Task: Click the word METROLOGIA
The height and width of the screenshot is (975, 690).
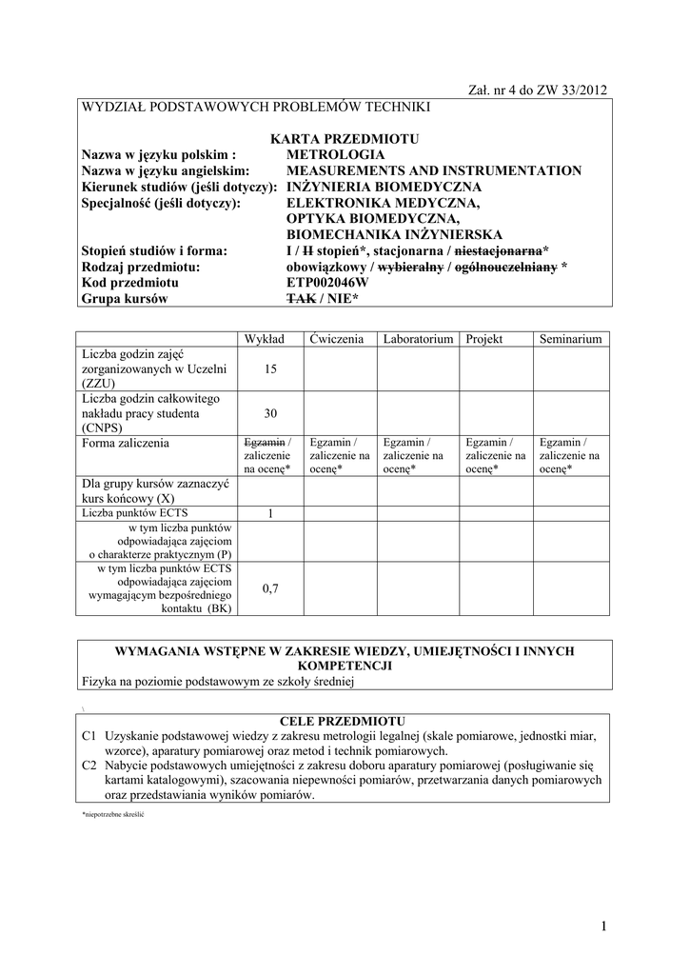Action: [x=336, y=154]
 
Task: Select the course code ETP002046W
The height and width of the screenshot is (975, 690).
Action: [x=327, y=283]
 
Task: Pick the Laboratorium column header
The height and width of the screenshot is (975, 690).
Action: [x=418, y=339]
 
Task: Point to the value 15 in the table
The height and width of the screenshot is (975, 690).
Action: [x=270, y=368]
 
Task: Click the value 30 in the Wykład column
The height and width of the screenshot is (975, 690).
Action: [x=270, y=413]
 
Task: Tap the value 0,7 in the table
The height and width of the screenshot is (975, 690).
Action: [x=270, y=588]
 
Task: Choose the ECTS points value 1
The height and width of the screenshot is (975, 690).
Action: [x=270, y=513]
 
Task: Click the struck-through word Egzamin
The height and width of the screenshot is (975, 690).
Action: [x=265, y=443]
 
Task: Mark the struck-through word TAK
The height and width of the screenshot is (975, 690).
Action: [x=300, y=299]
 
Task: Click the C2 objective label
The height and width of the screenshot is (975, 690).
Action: [x=90, y=765]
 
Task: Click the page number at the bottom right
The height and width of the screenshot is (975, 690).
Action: [x=603, y=926]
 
